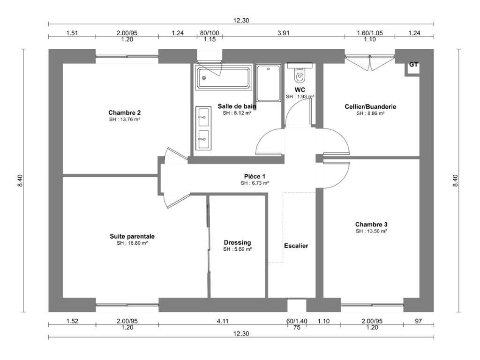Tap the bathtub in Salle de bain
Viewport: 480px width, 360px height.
[x=224, y=78]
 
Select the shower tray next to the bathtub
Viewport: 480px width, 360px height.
[x=269, y=82]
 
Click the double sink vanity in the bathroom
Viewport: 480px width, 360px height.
[x=203, y=128]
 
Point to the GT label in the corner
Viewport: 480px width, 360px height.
[x=413, y=65]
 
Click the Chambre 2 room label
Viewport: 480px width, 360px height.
[x=124, y=112]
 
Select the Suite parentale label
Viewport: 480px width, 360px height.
[x=132, y=236]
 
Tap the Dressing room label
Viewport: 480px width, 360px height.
[x=238, y=242]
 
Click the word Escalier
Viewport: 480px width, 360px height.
[x=296, y=246]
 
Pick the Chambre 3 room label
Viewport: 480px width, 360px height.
[x=371, y=225]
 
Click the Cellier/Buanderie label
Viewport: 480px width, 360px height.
[x=370, y=106]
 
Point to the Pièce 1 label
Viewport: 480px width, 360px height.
[x=255, y=176]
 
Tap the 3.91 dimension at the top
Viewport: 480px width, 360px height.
[x=284, y=33]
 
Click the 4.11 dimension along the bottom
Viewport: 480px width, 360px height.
[x=223, y=321]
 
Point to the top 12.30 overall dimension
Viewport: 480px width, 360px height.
[x=241, y=21]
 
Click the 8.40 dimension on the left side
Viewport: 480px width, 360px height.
[x=20, y=180]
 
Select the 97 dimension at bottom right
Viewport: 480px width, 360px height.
[x=418, y=321]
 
